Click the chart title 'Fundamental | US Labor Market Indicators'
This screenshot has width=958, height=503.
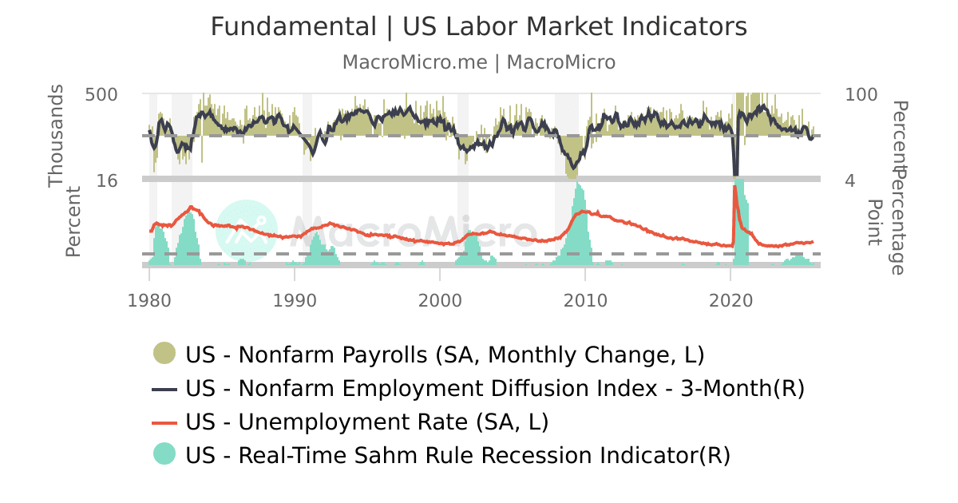[x=479, y=27]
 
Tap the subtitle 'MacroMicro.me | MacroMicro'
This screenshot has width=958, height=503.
[x=479, y=62]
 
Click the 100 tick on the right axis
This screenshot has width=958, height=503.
[x=861, y=94]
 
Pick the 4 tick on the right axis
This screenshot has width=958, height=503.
[x=850, y=180]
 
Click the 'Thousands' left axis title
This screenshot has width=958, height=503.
[x=55, y=141]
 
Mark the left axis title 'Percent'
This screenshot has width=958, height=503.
[x=73, y=221]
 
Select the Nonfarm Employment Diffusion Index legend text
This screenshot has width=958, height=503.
[x=495, y=388]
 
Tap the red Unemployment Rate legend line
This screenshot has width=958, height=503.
[x=164, y=422]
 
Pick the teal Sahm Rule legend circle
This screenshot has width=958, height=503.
[x=164, y=455]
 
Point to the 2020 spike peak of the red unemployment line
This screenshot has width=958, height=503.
[x=734, y=187]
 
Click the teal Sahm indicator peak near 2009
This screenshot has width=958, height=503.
[x=579, y=185]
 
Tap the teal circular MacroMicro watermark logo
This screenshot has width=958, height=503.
[x=247, y=231]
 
